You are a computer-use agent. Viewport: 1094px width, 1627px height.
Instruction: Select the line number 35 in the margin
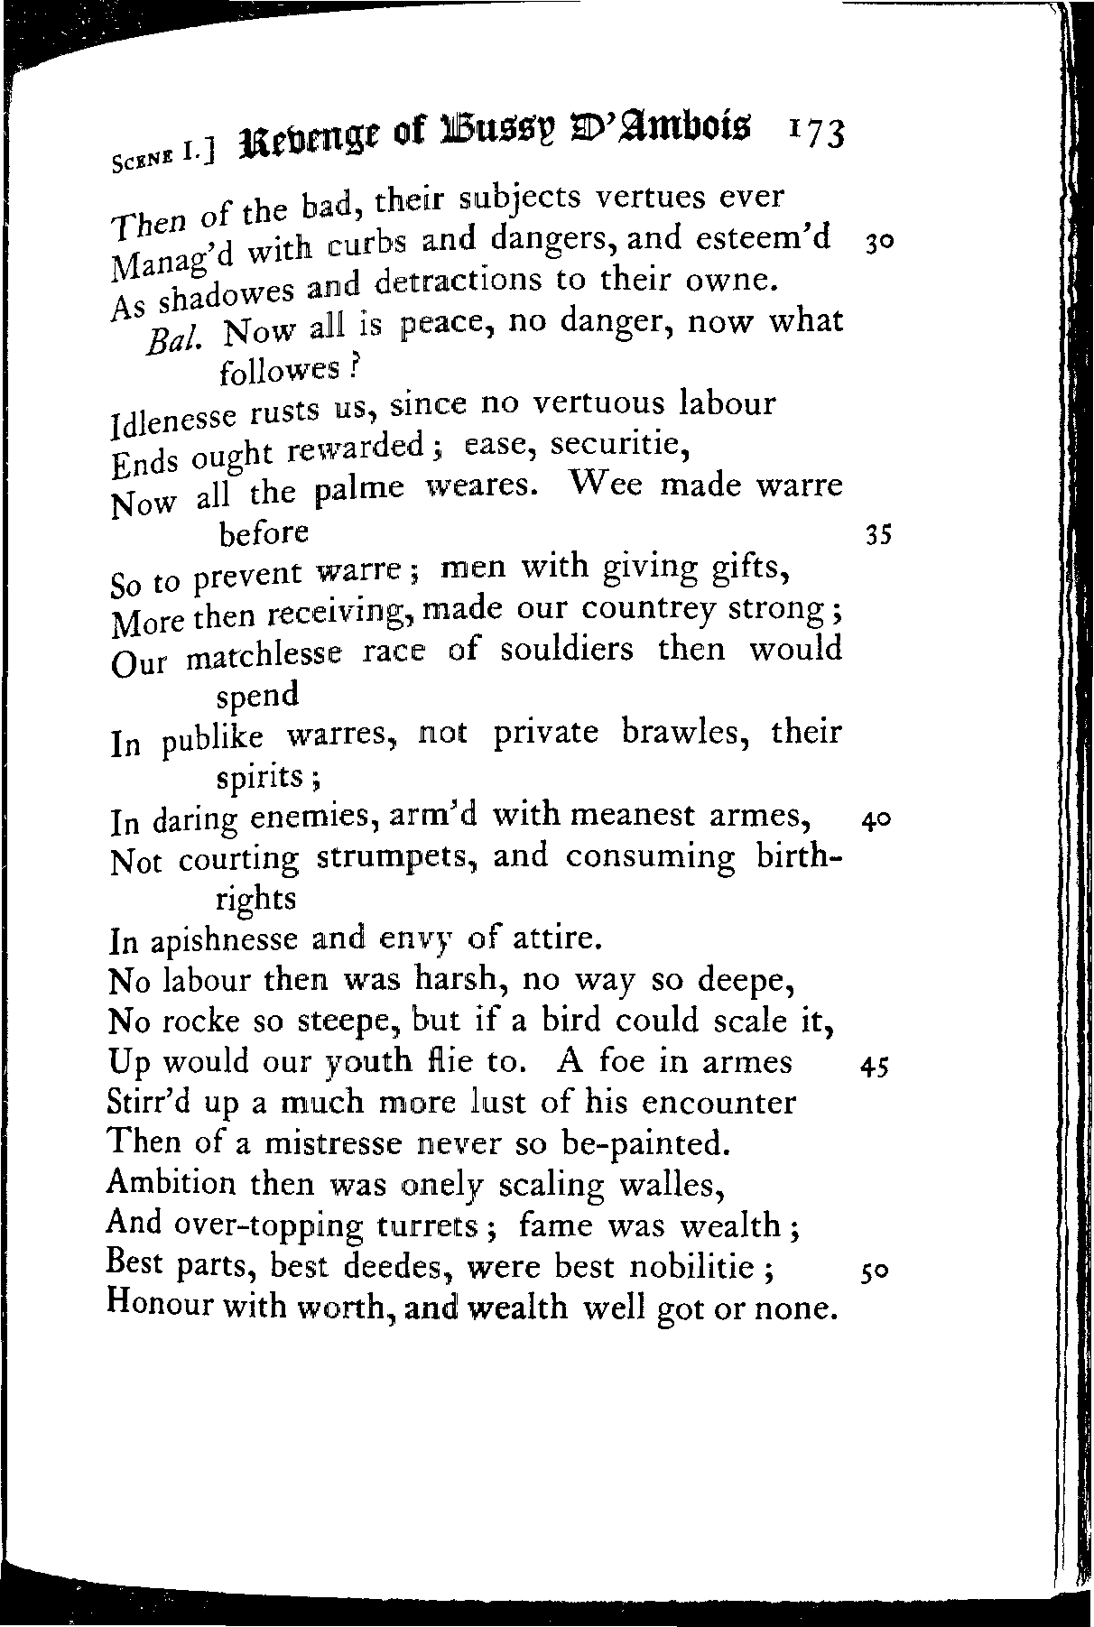coord(877,537)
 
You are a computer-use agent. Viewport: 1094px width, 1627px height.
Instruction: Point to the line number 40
coord(876,820)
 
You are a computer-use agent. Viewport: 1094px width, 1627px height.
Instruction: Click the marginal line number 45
coord(876,1067)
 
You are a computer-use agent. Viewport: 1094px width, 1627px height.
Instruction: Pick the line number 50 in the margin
coord(876,1271)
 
